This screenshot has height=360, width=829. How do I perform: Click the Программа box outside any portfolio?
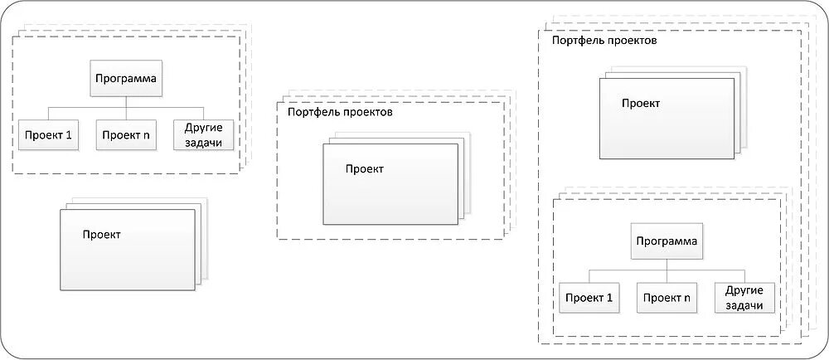pyautogui.click(x=125, y=80)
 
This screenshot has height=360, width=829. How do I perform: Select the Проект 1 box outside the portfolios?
pyautogui.click(x=48, y=135)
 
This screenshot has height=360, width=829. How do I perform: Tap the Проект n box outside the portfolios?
pyautogui.click(x=125, y=135)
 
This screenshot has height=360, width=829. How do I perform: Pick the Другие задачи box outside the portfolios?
pyautogui.click(x=203, y=135)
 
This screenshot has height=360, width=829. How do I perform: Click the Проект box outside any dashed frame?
pyautogui.click(x=126, y=249)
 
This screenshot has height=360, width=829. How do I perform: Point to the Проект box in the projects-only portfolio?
pyautogui.click(x=390, y=182)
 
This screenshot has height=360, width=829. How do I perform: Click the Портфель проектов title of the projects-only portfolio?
pyautogui.click(x=339, y=112)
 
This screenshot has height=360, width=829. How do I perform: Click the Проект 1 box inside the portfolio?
pyautogui.click(x=589, y=297)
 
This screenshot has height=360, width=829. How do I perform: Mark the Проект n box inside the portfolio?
pyautogui.click(x=666, y=297)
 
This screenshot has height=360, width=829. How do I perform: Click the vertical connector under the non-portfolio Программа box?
pyautogui.click(x=125, y=102)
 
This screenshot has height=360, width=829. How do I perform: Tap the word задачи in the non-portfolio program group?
pyautogui.click(x=203, y=142)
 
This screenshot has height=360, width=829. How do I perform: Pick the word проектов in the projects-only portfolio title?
pyautogui.click(x=366, y=112)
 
